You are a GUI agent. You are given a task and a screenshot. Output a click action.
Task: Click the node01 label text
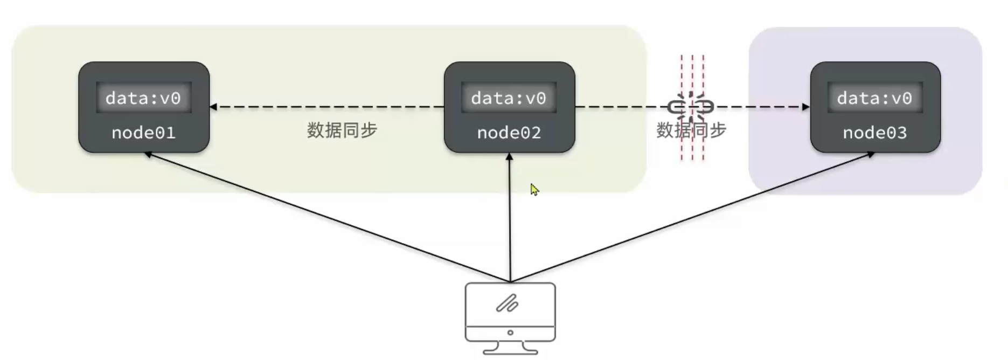click(x=143, y=133)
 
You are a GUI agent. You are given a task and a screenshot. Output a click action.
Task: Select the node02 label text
click(x=509, y=133)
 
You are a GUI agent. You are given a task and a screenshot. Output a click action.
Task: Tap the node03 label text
click(x=875, y=133)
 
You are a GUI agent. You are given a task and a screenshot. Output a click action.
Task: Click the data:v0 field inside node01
click(x=143, y=98)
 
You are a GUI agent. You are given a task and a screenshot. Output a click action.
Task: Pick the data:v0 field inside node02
click(x=509, y=98)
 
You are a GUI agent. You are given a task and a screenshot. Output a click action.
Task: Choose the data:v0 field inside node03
click(x=874, y=98)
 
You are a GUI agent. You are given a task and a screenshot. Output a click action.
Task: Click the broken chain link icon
click(x=691, y=107)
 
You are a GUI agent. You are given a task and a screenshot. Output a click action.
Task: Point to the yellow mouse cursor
click(x=534, y=190)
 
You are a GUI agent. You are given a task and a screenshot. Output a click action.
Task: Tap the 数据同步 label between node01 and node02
click(x=342, y=130)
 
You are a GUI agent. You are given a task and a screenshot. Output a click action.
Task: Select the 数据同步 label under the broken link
click(x=691, y=130)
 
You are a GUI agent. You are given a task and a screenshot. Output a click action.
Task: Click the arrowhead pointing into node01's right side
click(x=213, y=107)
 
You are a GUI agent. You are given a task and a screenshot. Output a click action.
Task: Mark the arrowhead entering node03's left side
click(x=806, y=107)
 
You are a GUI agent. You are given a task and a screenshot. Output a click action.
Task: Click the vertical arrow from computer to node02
click(x=510, y=216)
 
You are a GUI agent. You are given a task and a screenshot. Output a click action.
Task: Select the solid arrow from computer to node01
click(x=323, y=216)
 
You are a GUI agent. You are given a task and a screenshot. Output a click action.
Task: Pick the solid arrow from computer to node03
click(x=695, y=216)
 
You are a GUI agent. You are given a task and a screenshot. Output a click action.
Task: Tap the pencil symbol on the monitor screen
click(x=507, y=303)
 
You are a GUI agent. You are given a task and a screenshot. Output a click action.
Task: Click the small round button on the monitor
click(x=510, y=333)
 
